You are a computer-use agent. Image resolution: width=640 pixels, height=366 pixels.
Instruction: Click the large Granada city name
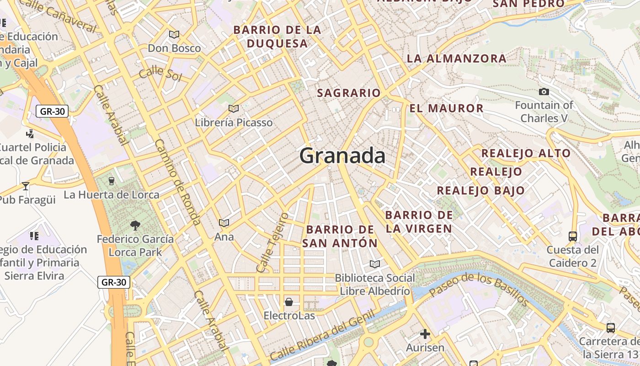pos(342,156)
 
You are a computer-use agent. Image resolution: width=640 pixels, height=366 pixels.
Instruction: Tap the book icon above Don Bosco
pos(174,34)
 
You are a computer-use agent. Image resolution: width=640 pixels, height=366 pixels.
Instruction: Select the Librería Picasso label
pos(234,123)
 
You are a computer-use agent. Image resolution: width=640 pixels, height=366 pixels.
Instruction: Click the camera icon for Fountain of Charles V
pos(544,92)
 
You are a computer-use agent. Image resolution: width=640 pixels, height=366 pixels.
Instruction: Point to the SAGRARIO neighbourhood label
pos(349,93)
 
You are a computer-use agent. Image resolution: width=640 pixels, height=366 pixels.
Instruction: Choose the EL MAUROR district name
pos(446,108)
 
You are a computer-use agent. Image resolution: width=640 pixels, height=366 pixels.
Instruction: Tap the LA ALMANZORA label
pos(456,59)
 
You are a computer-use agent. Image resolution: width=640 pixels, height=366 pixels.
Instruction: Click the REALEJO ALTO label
pos(526,153)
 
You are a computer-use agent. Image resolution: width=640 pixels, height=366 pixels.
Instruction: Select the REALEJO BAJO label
pos(480,191)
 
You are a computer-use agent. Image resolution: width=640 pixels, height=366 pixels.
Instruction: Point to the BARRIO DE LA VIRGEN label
pos(419,221)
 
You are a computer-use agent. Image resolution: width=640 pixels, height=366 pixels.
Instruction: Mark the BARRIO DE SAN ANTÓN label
pos(340,236)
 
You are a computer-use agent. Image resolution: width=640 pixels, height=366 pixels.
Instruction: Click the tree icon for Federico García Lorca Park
pos(135,225)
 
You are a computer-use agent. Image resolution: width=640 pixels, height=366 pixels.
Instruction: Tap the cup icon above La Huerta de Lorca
pos(111,181)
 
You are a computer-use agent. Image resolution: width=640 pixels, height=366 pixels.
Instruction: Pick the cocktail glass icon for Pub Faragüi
pos(26,186)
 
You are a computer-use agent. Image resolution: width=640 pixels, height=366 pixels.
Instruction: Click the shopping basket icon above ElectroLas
pos(289,302)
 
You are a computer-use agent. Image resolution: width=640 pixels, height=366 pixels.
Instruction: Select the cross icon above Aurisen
pos(425,334)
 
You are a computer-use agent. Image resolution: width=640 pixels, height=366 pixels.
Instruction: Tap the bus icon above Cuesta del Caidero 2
pos(572,237)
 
